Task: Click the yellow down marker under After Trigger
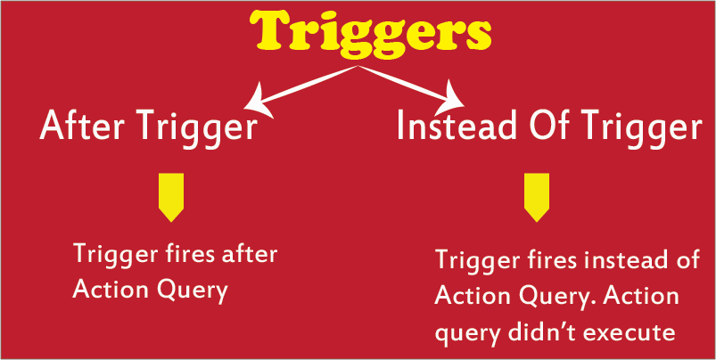(171, 197)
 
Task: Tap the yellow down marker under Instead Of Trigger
(537, 197)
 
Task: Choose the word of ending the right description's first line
(687, 259)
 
